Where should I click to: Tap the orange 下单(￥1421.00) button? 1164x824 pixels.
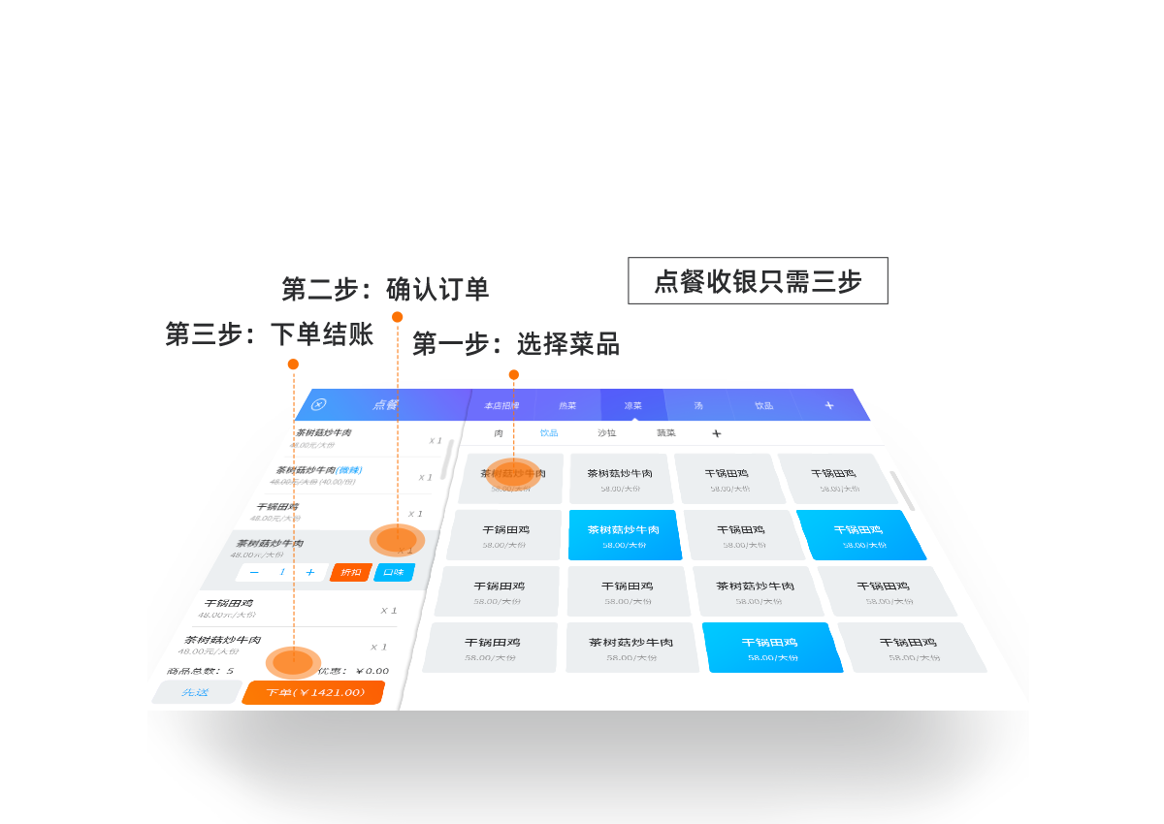pos(313,693)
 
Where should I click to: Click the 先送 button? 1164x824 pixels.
pos(195,692)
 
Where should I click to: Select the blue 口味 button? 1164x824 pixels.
pos(394,572)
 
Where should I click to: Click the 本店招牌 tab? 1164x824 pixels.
pos(501,405)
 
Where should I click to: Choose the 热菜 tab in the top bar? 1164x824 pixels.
pos(567,405)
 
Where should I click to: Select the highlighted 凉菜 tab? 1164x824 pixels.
pos(633,405)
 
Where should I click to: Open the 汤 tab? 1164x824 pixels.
pos(698,405)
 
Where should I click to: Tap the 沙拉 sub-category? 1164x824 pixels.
pos(606,433)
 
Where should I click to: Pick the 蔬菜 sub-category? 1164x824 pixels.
pos(666,433)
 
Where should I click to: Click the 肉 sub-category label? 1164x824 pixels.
pos(499,433)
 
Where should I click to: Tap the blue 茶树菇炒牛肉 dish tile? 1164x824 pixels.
pos(624,536)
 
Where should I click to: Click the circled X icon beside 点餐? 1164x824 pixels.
pos(318,404)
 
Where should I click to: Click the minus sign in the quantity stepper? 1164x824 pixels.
pos(254,573)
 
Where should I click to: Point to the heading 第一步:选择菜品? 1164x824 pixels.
pos(516,344)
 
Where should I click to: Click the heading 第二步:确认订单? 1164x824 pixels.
pos(385,289)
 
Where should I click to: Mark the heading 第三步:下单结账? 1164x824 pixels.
pos(269,335)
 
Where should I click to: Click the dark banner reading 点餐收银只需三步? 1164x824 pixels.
pos(758,281)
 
